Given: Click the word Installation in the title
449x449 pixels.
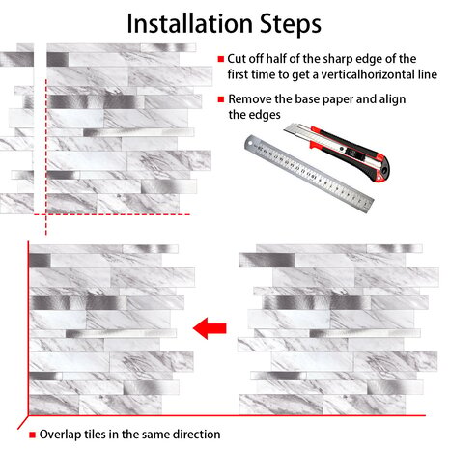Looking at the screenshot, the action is coord(189,24).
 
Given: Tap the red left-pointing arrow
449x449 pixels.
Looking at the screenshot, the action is coord(210,328).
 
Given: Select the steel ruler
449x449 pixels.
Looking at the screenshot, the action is coord(309,174).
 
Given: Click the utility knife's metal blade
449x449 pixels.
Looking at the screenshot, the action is coord(297,130).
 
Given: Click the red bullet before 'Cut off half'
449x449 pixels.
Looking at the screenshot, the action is coord(221,59).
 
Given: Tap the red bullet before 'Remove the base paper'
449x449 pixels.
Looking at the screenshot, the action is coord(221,99).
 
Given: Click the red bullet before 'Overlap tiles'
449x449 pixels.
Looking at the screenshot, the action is coord(32,435).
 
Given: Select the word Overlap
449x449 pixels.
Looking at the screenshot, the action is coord(61,435).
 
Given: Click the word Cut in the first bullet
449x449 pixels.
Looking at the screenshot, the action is coord(235,59).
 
